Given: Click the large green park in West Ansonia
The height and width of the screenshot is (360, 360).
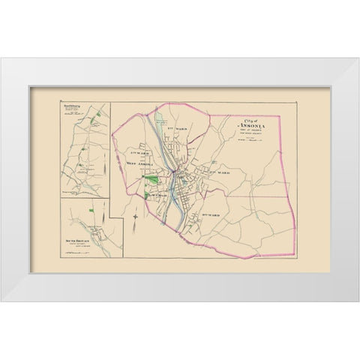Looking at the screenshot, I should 153,158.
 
